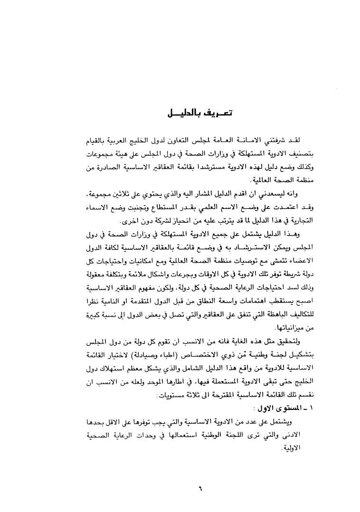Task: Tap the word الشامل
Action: pos(178,355)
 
